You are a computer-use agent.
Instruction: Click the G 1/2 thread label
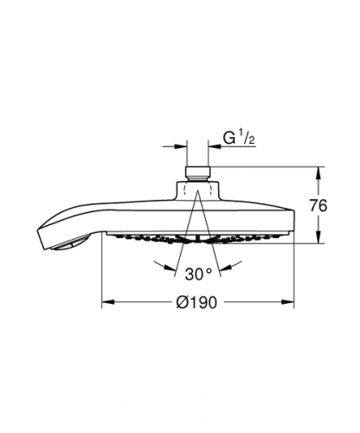pos(239,139)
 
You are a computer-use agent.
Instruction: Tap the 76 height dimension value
pos(318,206)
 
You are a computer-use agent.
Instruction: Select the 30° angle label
pos(198,274)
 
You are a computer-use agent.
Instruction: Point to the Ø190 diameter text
pos(196,302)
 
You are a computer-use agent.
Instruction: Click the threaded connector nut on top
pos(197,173)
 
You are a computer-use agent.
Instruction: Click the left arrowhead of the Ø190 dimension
pos(107,302)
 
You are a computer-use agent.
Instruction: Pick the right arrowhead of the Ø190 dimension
pos(288,302)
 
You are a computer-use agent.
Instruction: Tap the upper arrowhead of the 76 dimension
pos(318,172)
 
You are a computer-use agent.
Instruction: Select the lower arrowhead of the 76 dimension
pos(318,237)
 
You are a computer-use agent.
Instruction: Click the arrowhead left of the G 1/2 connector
pos(181,146)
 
